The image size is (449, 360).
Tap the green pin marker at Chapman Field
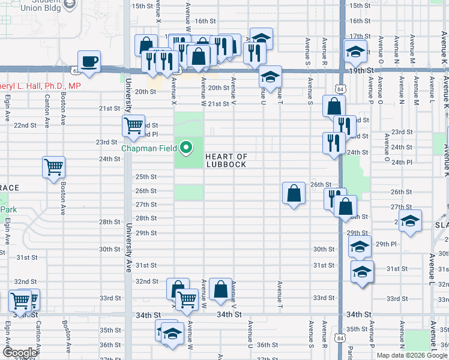coord(186,147)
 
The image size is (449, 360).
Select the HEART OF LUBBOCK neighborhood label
coord(226,160)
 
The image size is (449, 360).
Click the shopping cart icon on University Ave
coord(133,125)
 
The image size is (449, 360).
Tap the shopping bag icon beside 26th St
coord(293,193)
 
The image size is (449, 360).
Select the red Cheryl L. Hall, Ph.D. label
coord(40,86)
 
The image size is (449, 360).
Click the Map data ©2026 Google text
coord(412,355)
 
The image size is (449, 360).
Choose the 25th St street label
coord(146,177)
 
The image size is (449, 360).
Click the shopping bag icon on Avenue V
coord(221,289)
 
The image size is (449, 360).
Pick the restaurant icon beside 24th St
coord(331,143)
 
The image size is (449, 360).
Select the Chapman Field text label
coord(149,148)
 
